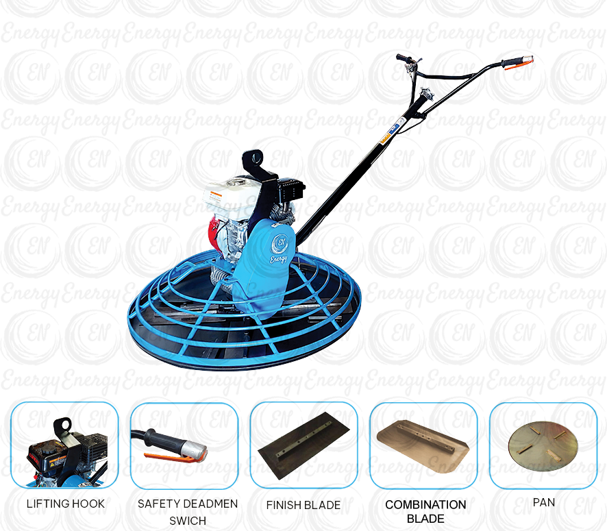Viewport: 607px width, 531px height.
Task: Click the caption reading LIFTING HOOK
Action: click(66, 504)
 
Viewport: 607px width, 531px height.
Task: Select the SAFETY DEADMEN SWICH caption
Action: click(186, 508)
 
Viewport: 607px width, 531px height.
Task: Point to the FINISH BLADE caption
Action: click(303, 505)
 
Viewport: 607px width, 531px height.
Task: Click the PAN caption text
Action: click(545, 504)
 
